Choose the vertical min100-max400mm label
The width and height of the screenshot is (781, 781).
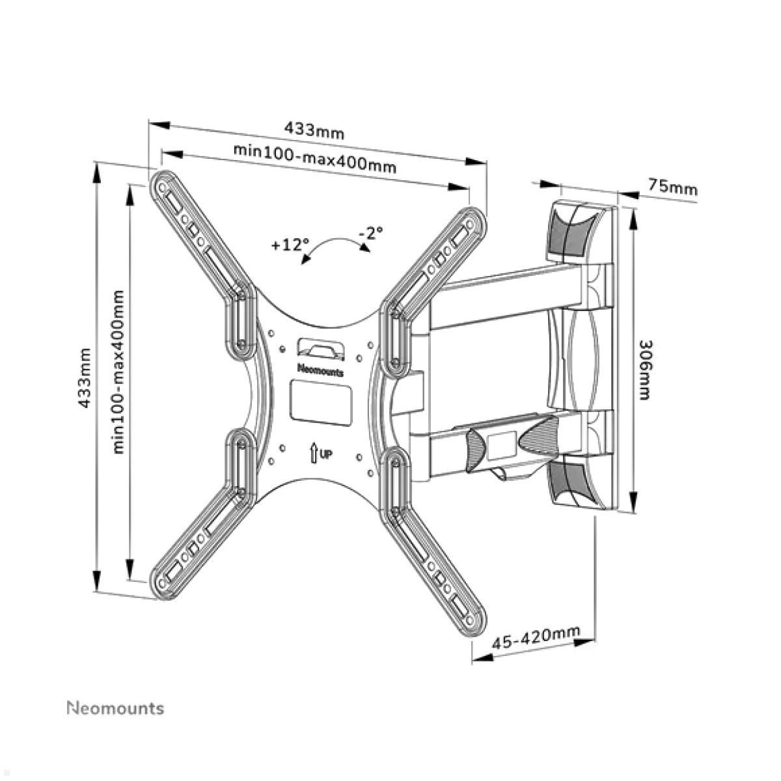click(x=118, y=372)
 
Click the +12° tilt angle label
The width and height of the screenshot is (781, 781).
click(x=289, y=245)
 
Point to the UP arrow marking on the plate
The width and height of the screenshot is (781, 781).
click(x=320, y=452)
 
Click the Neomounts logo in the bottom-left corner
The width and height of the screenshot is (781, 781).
click(x=116, y=708)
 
